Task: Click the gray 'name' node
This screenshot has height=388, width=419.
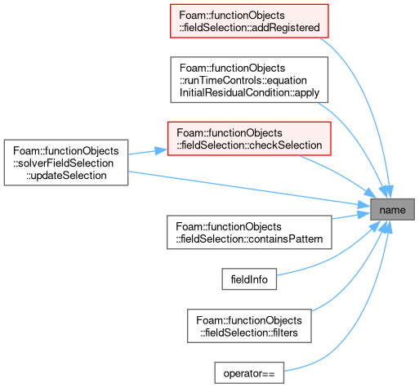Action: pos(392,209)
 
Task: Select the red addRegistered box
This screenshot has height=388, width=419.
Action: pos(249,21)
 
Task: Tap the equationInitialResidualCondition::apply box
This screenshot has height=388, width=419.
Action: pos(249,80)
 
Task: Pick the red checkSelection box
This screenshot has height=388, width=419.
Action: pos(249,139)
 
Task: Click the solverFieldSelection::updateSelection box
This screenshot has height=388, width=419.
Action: pos(66,163)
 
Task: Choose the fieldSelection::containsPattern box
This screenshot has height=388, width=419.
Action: pos(249,232)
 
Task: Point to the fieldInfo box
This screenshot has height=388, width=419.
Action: pos(249,279)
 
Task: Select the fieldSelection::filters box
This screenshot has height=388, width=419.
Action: pos(249,326)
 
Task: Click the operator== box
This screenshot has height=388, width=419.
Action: pos(249,372)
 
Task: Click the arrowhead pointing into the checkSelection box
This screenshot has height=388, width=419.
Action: pos(161,150)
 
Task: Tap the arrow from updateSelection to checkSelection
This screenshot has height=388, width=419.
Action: pos(148,152)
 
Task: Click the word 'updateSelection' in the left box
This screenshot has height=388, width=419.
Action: pos(66,176)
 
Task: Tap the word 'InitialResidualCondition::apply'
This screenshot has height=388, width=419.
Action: pos(249,92)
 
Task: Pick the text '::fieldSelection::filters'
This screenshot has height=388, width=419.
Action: pos(249,332)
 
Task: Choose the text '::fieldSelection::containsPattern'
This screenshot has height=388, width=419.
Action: pos(249,239)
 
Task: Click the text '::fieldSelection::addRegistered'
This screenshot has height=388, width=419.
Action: pos(249,28)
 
